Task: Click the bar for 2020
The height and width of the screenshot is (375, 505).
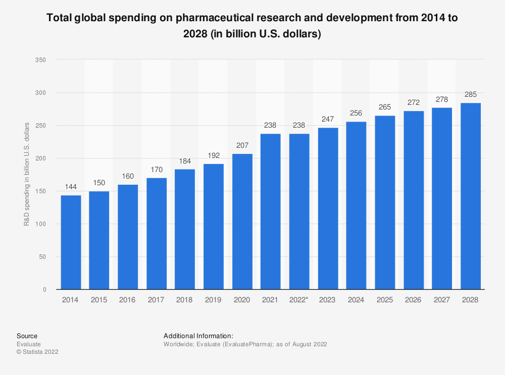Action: tap(242, 222)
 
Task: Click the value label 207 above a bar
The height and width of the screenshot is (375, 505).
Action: tap(242, 146)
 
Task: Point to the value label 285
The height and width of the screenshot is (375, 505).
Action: tap(471, 95)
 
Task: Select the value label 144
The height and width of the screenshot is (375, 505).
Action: tap(71, 187)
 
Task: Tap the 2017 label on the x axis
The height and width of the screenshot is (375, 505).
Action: tap(157, 300)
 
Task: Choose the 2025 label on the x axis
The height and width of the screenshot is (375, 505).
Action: tap(385, 300)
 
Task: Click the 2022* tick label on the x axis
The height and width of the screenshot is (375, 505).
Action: tap(299, 300)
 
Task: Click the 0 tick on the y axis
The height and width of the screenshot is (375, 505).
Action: tap(44, 290)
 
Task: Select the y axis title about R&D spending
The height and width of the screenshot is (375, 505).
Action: tap(27, 174)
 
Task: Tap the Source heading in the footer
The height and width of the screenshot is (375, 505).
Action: tap(27, 336)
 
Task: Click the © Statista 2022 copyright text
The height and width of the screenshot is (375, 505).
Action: tap(37, 352)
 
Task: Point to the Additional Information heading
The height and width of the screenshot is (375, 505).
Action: tap(198, 336)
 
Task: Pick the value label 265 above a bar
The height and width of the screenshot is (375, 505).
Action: tap(385, 108)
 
